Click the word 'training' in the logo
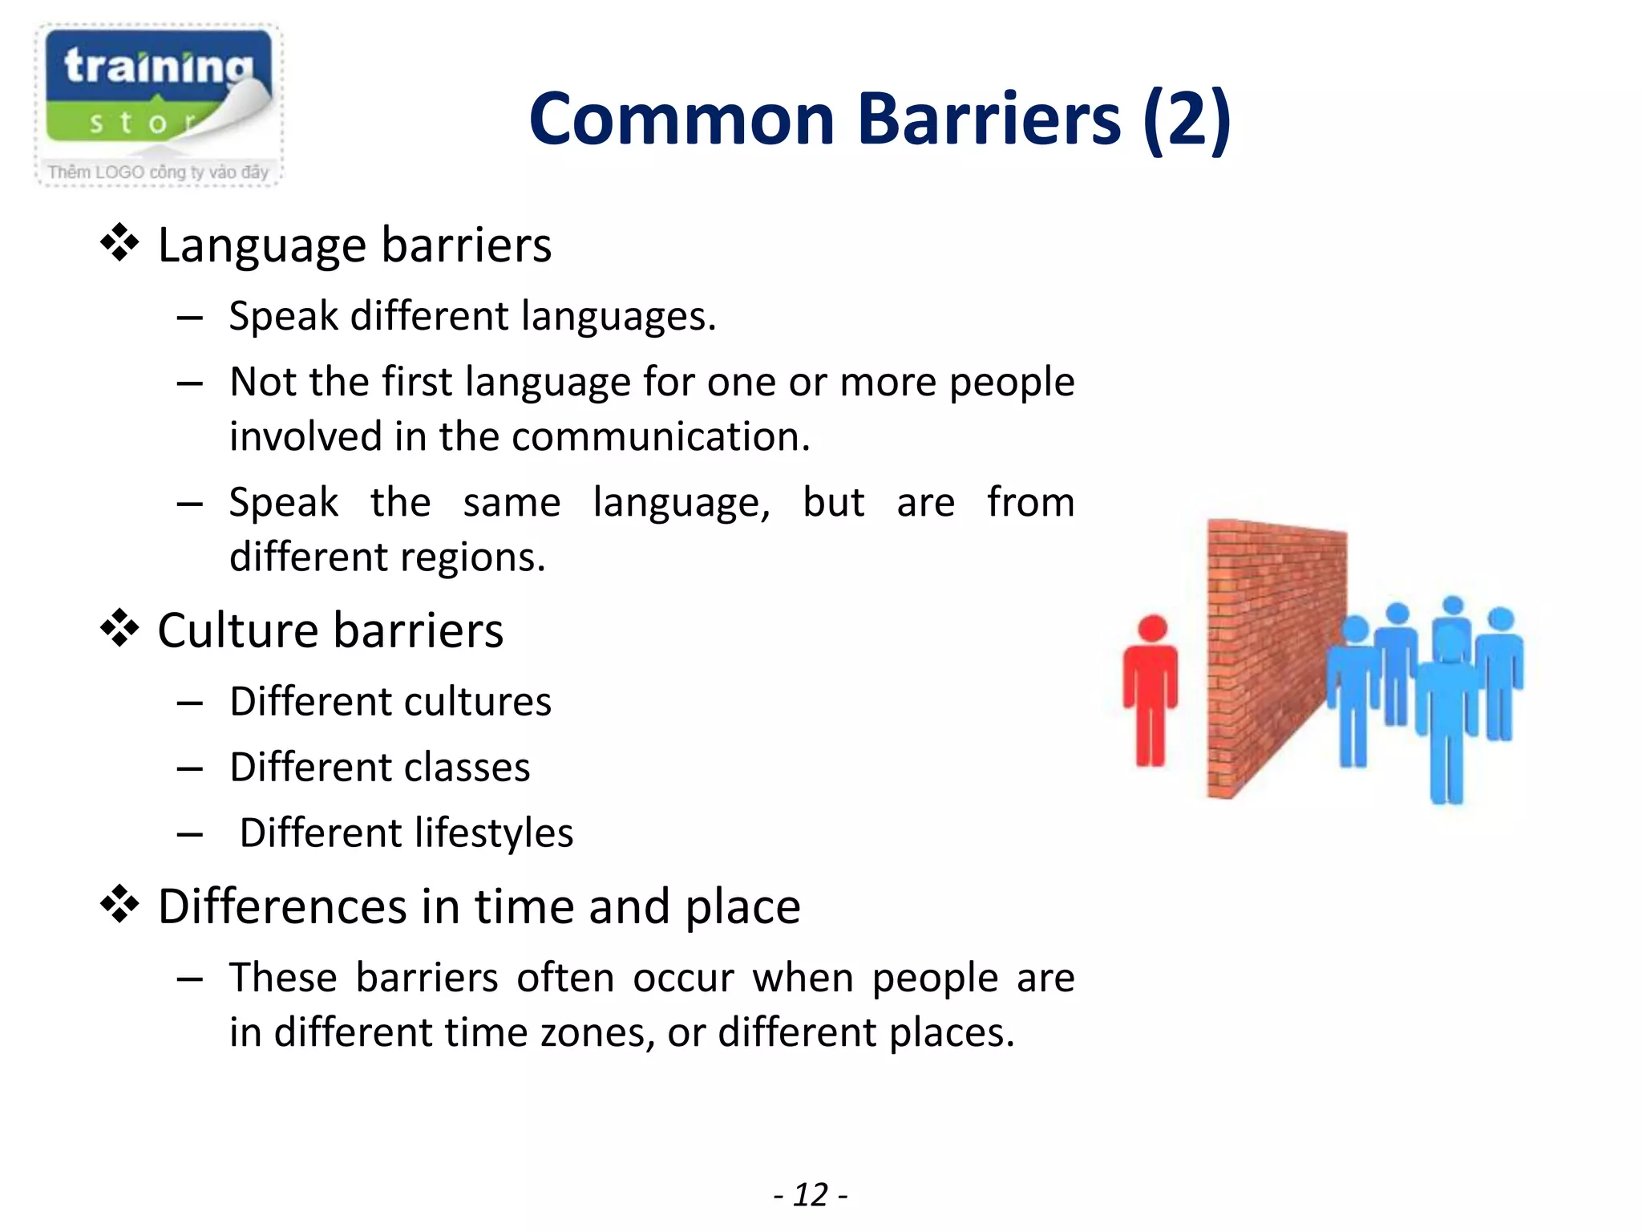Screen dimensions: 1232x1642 coord(158,67)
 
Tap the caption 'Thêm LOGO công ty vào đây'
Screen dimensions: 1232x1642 coord(158,172)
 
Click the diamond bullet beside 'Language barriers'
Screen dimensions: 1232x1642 coord(119,242)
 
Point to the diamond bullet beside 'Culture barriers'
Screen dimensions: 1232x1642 coord(119,628)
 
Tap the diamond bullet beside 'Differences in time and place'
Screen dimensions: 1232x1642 coord(119,904)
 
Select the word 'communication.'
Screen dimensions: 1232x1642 coord(661,437)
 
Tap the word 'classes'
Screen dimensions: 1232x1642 coord(478,768)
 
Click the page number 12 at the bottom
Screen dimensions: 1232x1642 coord(811,1195)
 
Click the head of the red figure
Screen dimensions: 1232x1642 coord(1152,628)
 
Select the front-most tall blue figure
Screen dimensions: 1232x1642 coord(1448,714)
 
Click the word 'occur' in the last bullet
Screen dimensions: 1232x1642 coord(683,978)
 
